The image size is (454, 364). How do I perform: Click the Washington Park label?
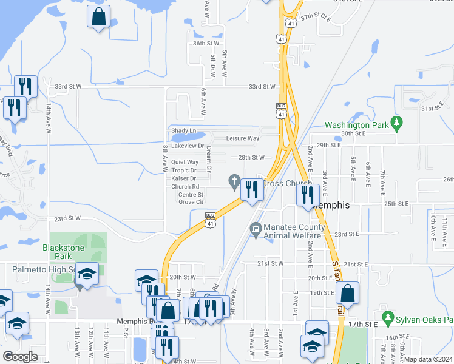357,126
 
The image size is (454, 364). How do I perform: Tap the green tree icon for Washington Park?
396,123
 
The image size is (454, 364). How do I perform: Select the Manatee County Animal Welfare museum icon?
255,229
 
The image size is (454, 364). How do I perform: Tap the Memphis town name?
331,206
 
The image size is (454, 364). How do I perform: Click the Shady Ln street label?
183,130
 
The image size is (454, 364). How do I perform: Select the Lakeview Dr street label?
188,146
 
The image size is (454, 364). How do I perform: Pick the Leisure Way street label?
243,138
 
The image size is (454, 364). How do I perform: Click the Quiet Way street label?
185,163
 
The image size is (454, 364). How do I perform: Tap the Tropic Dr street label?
184,170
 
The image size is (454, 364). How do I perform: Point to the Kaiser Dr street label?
184,178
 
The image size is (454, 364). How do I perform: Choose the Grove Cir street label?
191,201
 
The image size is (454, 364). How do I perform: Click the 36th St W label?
206,44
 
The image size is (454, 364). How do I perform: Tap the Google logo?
20,357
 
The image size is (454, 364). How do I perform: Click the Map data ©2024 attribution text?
429,359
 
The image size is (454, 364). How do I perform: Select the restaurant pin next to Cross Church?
252,190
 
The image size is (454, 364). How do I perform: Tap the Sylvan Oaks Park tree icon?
387,317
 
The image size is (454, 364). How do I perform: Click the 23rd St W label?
68,218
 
